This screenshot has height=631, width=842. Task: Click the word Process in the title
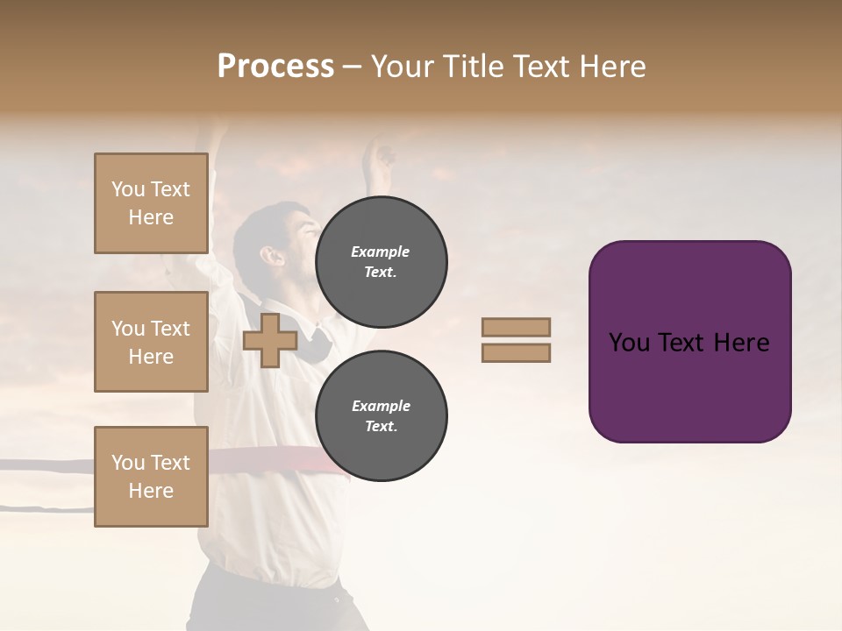coord(275,67)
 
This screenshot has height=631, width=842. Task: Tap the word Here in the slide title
coord(610,67)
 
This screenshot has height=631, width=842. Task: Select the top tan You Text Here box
coord(151,203)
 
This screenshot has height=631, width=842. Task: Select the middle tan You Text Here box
coord(151,342)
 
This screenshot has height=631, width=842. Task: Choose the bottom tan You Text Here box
coord(151,477)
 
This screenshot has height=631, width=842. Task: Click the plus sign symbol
coord(269,340)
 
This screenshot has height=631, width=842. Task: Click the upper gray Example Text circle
coord(381,262)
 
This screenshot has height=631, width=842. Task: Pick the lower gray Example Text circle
coord(381,416)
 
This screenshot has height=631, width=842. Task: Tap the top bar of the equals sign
coord(516,327)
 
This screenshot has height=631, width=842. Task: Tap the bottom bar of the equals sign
coord(516,352)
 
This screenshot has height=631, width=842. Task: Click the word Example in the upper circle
coord(381,252)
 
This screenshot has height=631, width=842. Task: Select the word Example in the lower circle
coord(381,407)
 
